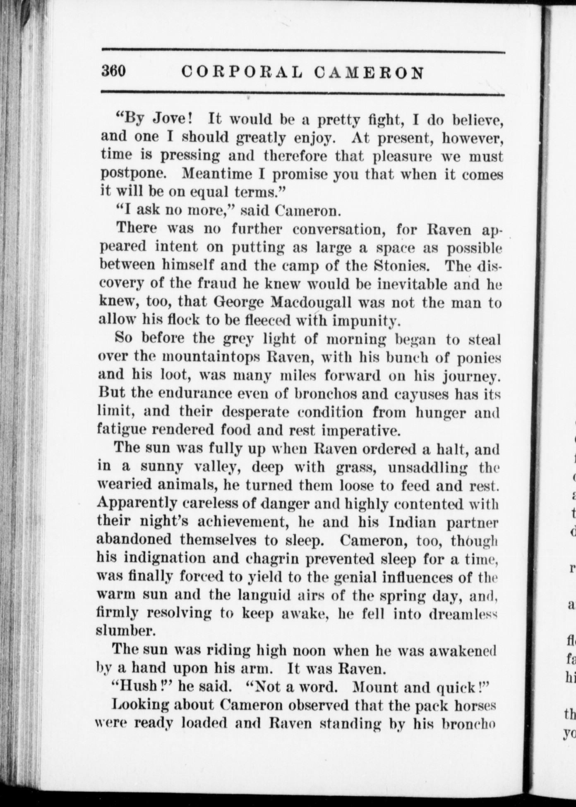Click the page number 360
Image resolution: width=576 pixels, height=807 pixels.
click(114, 72)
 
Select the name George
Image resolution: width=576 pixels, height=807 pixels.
click(239, 302)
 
